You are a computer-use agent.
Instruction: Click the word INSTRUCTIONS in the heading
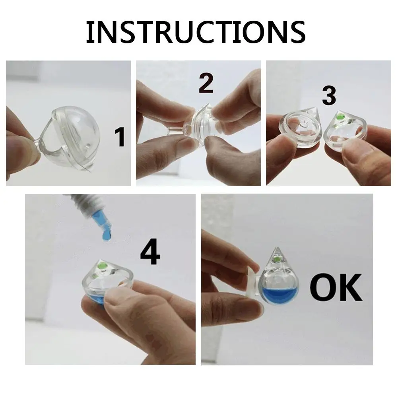[196, 32]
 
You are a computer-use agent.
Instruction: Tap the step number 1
[120, 137]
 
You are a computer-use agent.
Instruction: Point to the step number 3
[329, 95]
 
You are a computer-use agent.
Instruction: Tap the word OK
[336, 287]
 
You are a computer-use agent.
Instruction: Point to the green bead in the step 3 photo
[340, 117]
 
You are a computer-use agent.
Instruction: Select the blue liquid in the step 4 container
[97, 298]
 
